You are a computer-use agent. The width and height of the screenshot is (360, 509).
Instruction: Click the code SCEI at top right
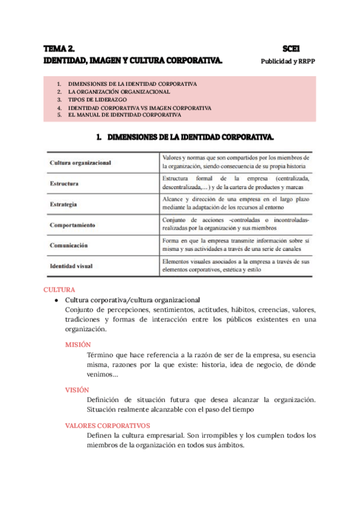(291, 49)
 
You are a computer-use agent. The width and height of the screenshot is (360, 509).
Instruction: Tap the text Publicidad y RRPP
(288, 61)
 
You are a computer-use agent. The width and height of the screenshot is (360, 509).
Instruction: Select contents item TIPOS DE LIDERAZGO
(97, 100)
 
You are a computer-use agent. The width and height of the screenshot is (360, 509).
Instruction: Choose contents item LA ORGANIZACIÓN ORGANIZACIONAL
(119, 92)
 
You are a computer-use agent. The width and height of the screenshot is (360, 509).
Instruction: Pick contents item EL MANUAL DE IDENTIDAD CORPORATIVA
(125, 114)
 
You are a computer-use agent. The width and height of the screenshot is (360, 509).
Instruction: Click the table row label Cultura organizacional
(80, 163)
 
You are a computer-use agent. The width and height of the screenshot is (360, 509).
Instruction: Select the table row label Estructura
(64, 184)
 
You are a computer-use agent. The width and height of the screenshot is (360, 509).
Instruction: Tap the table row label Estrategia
(63, 205)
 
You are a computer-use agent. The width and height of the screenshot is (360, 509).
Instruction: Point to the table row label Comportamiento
(73, 225)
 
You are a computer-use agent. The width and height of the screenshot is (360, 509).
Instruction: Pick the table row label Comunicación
(69, 245)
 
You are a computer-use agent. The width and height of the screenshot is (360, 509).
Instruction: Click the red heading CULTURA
(59, 289)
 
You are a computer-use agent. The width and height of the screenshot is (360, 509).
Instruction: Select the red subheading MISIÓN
(78, 345)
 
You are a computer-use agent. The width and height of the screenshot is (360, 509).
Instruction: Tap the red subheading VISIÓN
(77, 390)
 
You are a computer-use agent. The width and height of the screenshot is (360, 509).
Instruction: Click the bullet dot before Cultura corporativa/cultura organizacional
(56, 300)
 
